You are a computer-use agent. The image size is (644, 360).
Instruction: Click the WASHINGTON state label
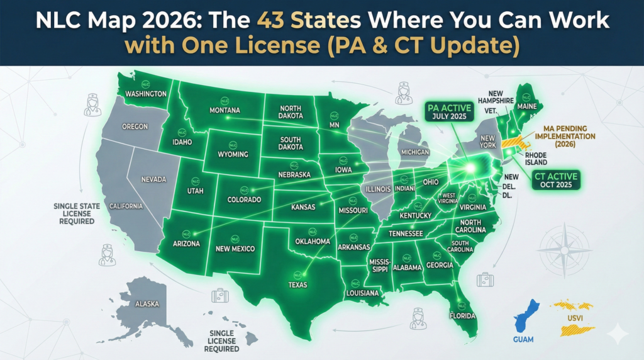tap(146, 94)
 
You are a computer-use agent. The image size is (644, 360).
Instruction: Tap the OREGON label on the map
tap(135, 127)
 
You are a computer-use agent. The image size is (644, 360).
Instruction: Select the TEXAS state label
tap(298, 284)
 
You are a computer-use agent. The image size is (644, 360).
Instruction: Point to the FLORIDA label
tap(461, 315)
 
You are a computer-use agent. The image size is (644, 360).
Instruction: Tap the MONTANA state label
tap(224, 110)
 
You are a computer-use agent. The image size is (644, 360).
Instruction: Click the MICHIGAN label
tap(414, 152)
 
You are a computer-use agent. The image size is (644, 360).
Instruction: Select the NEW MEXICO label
tap(235, 249)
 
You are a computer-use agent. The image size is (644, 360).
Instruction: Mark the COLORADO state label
tap(243, 200)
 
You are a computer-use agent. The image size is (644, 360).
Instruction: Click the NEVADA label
tap(153, 179)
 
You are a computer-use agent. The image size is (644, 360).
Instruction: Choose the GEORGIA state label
tap(438, 265)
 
